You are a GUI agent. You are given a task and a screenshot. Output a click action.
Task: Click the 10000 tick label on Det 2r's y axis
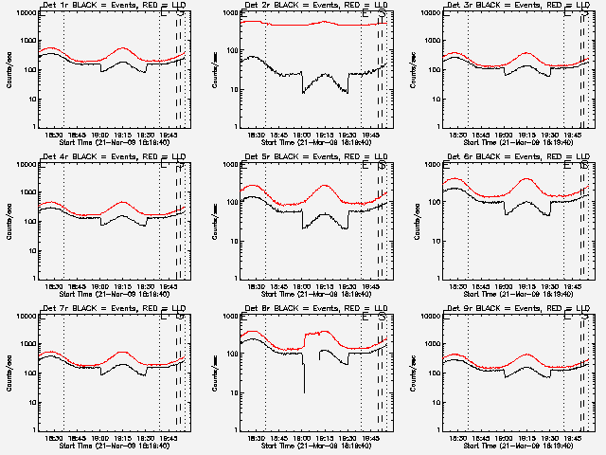coord(227,13)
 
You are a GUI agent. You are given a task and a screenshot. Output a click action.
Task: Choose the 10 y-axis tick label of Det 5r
coord(232,240)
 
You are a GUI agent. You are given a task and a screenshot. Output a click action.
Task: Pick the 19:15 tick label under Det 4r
coord(122,285)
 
